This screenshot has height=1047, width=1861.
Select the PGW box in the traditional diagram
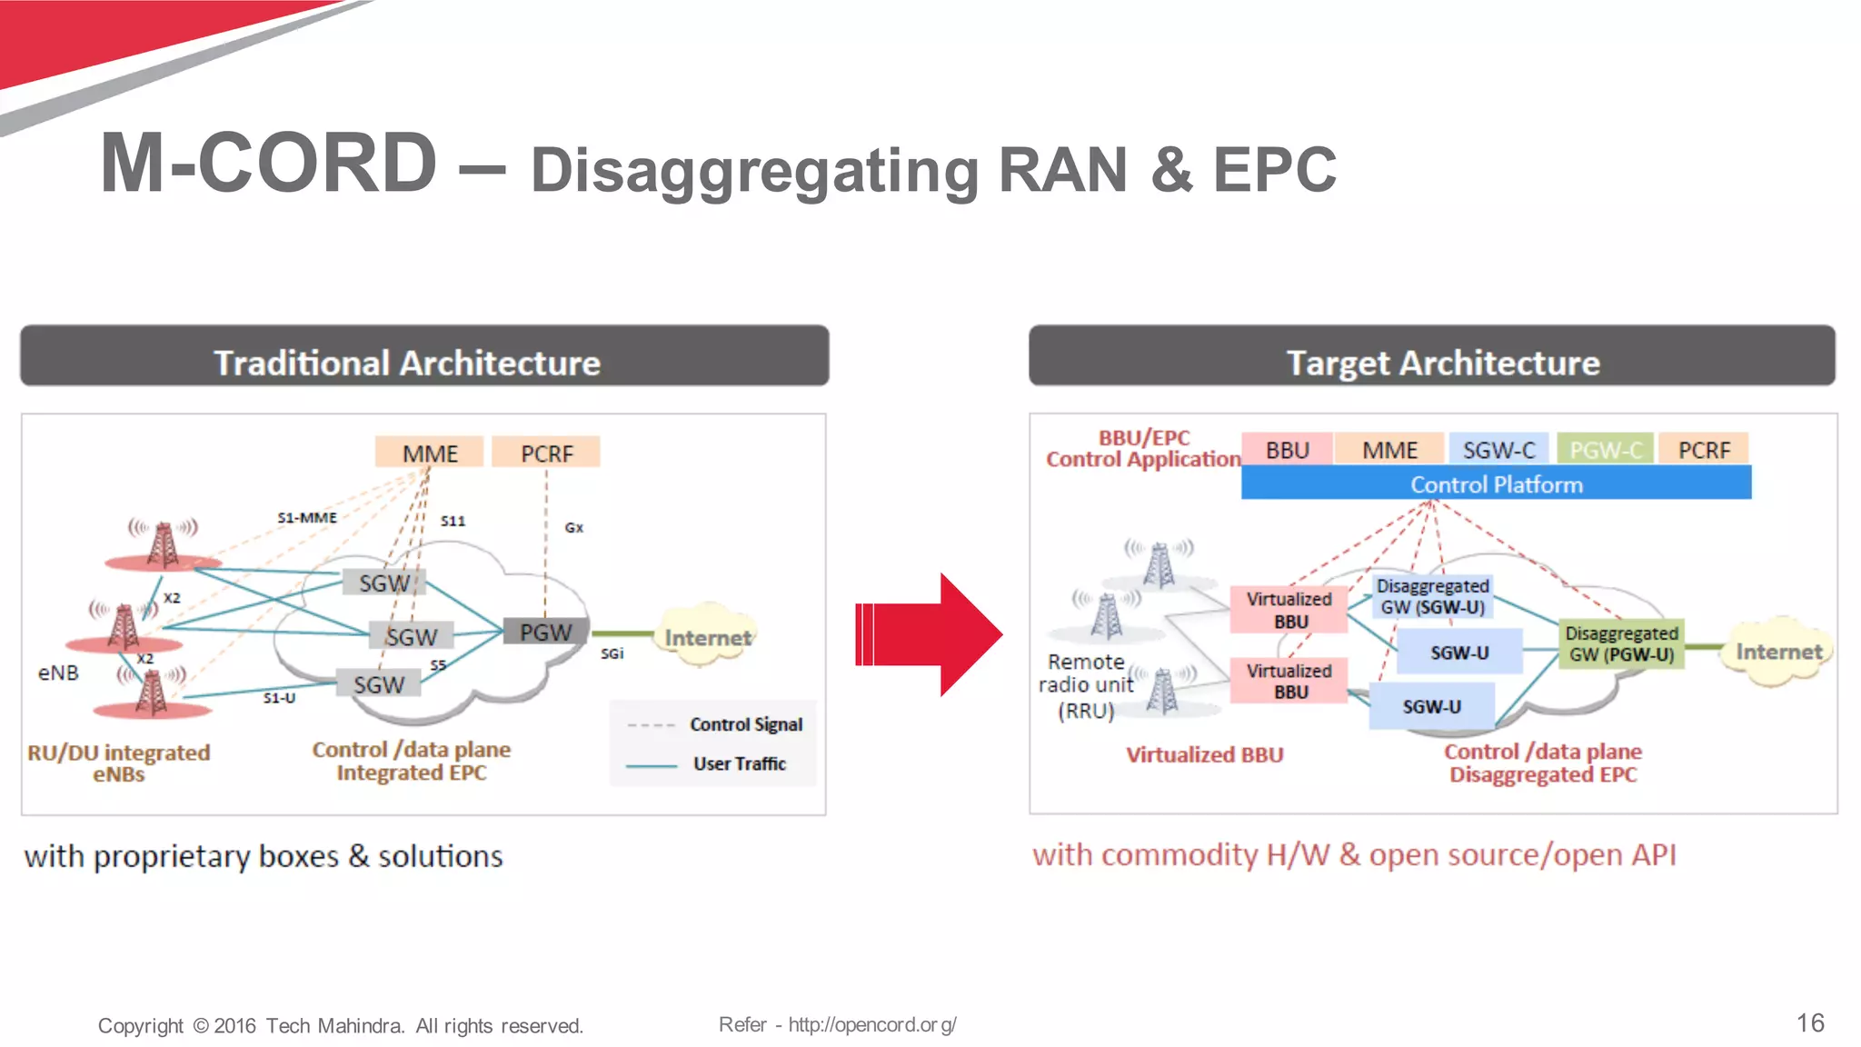click(545, 632)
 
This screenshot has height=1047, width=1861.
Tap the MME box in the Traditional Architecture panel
click(430, 453)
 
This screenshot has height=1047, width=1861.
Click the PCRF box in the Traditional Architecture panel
click(546, 453)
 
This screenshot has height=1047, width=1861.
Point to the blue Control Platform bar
click(1496, 484)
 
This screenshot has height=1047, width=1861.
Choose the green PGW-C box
click(1606, 450)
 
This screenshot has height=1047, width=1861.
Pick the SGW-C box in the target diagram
click(1498, 450)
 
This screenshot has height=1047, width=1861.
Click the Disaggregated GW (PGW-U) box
click(1621, 644)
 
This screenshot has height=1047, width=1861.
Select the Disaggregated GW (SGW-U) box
click(1432, 597)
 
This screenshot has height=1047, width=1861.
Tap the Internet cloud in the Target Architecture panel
click(1778, 652)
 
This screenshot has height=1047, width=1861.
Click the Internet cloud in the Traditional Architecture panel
click(708, 637)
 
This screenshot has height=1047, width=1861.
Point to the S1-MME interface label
click(307, 517)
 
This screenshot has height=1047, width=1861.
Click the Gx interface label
click(574, 527)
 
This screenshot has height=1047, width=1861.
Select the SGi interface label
click(612, 653)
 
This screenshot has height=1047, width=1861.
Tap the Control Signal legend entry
click(745, 724)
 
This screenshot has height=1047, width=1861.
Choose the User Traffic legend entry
click(739, 763)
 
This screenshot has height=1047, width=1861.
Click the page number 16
click(1810, 1023)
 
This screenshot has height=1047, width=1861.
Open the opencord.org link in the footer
click(871, 1025)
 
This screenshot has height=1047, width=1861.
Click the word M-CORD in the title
click(269, 164)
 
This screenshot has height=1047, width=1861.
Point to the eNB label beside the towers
click(58, 673)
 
